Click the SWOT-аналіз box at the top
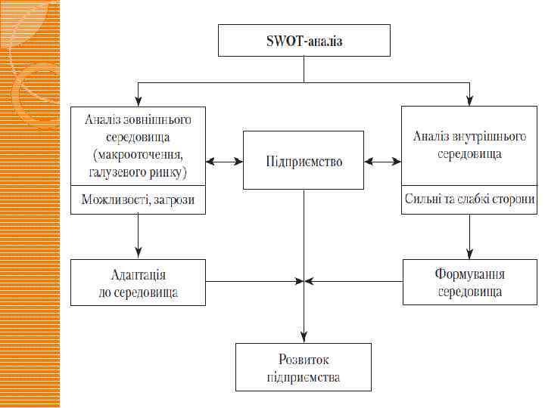pyautogui.click(x=304, y=40)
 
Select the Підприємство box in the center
pyautogui.click(x=304, y=161)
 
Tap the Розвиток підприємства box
pyautogui.click(x=304, y=366)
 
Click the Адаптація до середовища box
pyautogui.click(x=138, y=283)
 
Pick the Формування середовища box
pyautogui.click(x=469, y=283)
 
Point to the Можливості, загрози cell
pyautogui.click(x=138, y=202)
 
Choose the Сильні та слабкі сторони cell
pyautogui.click(x=469, y=202)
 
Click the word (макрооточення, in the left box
pyautogui.click(x=137, y=156)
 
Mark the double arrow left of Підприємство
pyautogui.click(x=224, y=161)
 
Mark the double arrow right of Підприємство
pyautogui.click(x=383, y=161)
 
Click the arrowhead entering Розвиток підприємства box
pyautogui.click(x=304, y=338)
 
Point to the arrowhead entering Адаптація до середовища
pyautogui.click(x=138, y=255)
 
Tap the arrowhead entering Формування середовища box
pyautogui.click(x=469, y=255)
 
